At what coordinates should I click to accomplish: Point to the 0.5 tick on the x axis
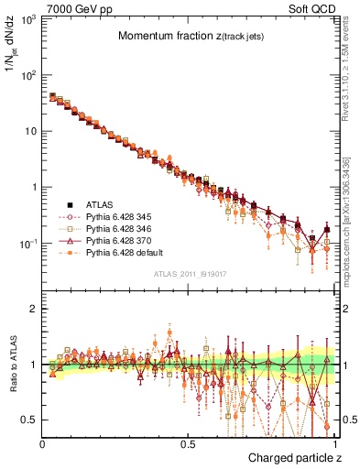187,442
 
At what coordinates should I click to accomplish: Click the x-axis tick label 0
42,442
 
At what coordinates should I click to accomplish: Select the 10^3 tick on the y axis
27,18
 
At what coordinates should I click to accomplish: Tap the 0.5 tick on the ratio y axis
27,420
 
